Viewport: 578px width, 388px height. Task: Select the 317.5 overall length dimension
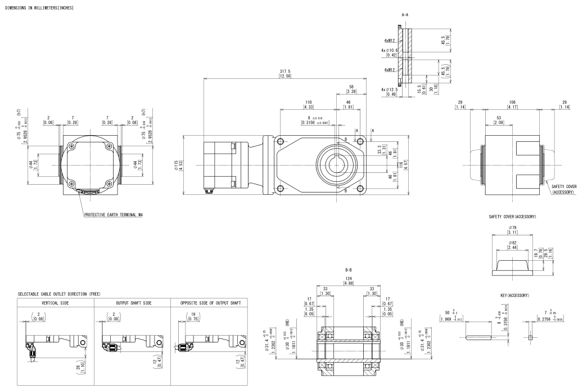click(x=285, y=72)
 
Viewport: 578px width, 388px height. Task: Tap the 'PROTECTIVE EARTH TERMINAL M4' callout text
click(x=111, y=215)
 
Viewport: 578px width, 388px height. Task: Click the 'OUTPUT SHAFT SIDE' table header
click(x=132, y=302)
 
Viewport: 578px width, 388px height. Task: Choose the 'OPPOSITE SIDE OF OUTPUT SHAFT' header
click(x=209, y=302)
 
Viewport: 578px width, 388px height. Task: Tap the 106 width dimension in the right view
click(x=512, y=102)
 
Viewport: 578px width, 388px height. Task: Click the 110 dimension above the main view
click(x=308, y=102)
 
